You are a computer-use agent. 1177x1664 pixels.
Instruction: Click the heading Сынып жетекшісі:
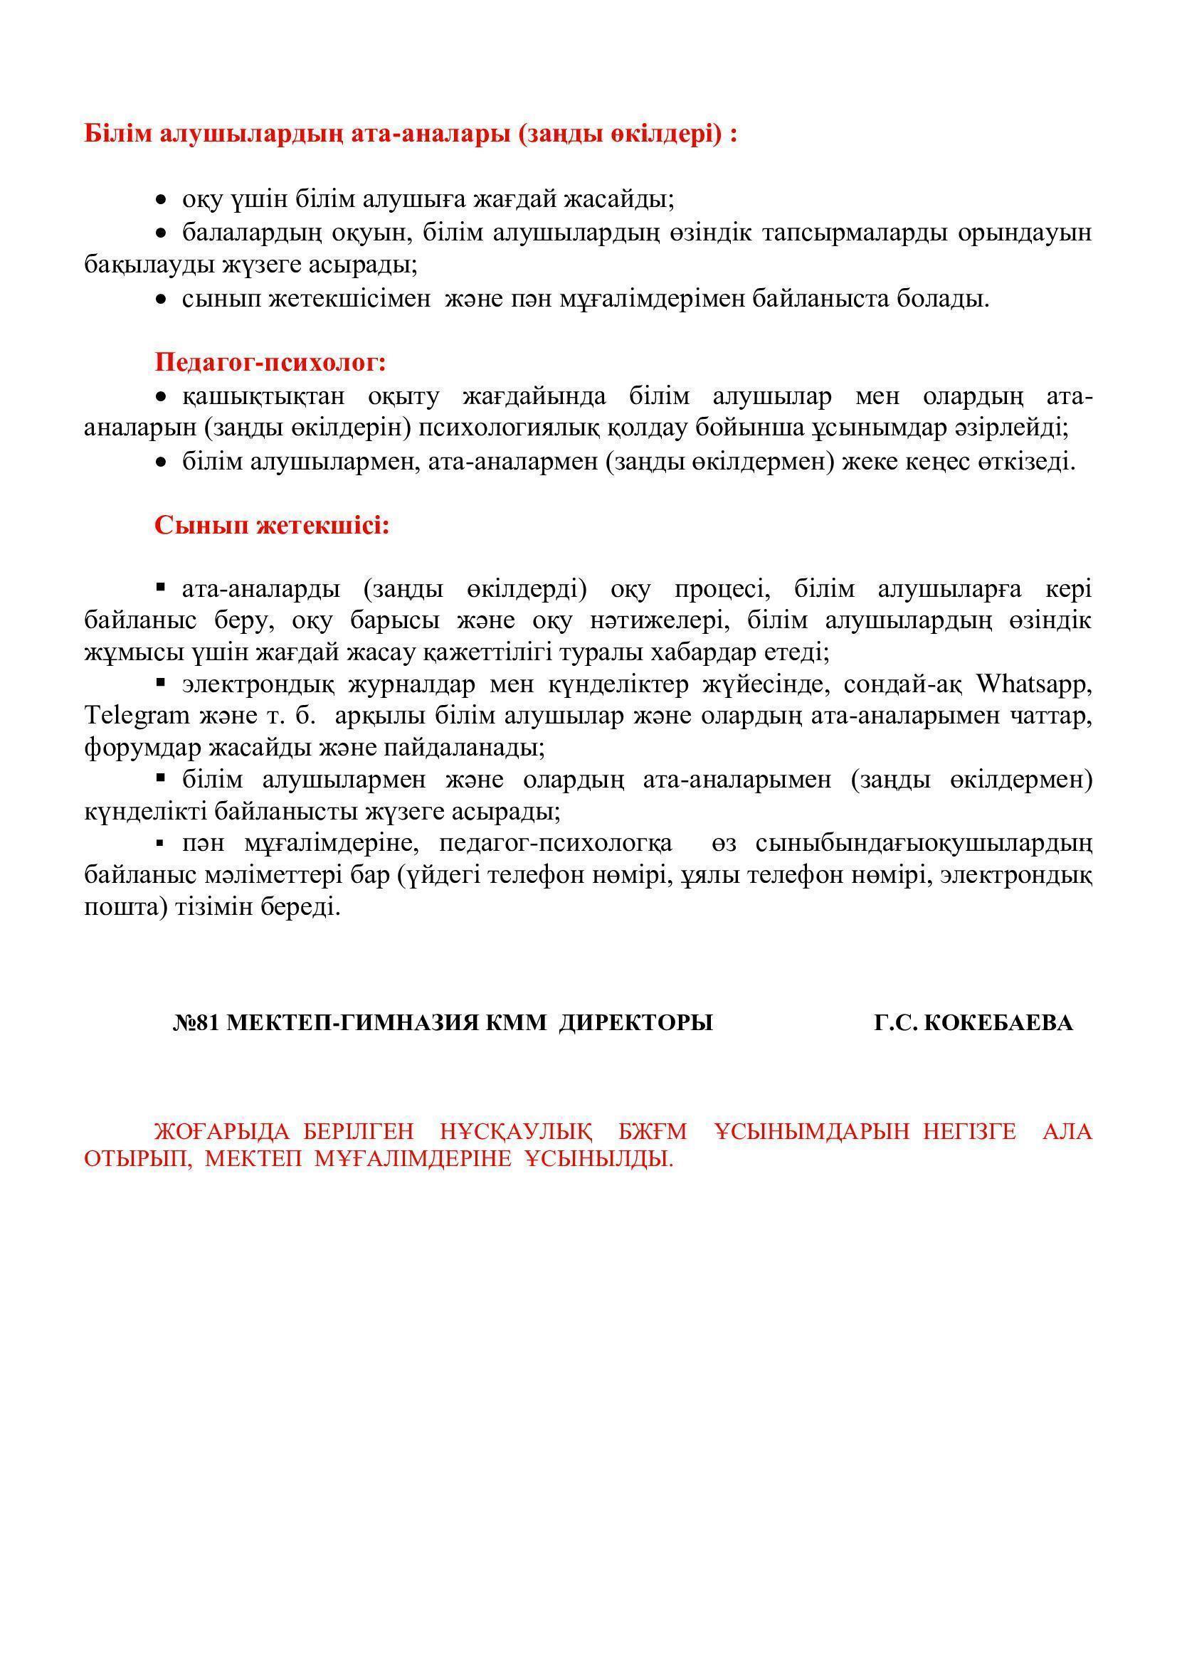(272, 526)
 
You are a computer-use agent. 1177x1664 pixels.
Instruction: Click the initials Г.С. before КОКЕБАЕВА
(897, 1022)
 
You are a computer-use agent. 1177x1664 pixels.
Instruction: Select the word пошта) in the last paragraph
(127, 906)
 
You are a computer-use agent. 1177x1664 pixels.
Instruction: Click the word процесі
(722, 588)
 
